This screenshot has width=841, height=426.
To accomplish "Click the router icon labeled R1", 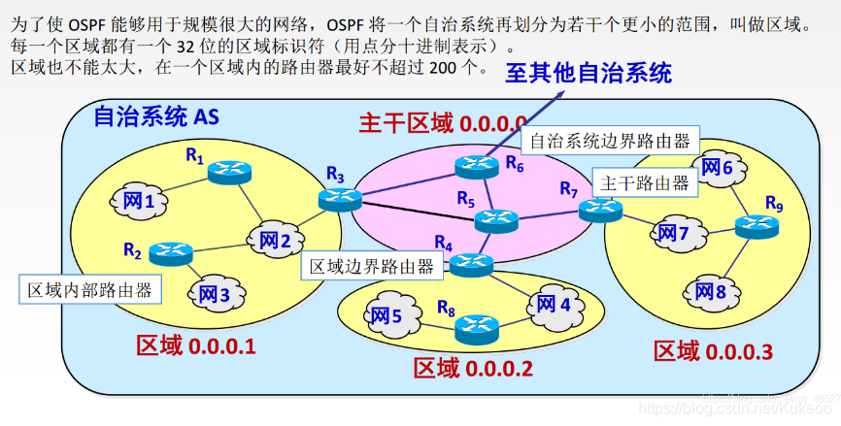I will click(230, 172).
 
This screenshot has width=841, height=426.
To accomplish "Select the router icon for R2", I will click(171, 253).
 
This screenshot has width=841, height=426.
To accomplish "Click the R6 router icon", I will click(477, 167).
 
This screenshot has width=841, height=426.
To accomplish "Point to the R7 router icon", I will click(600, 208).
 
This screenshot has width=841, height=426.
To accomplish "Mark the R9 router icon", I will click(757, 227).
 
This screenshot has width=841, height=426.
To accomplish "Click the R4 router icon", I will click(471, 262).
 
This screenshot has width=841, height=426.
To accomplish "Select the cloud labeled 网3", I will click(214, 292).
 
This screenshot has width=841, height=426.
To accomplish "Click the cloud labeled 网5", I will click(384, 315).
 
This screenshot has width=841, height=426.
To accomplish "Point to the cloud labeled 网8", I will click(706, 291).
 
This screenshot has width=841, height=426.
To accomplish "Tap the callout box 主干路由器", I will click(645, 182).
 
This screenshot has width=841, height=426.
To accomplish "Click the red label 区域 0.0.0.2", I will click(473, 368).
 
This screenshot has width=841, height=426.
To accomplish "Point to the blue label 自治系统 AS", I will click(155, 117).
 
